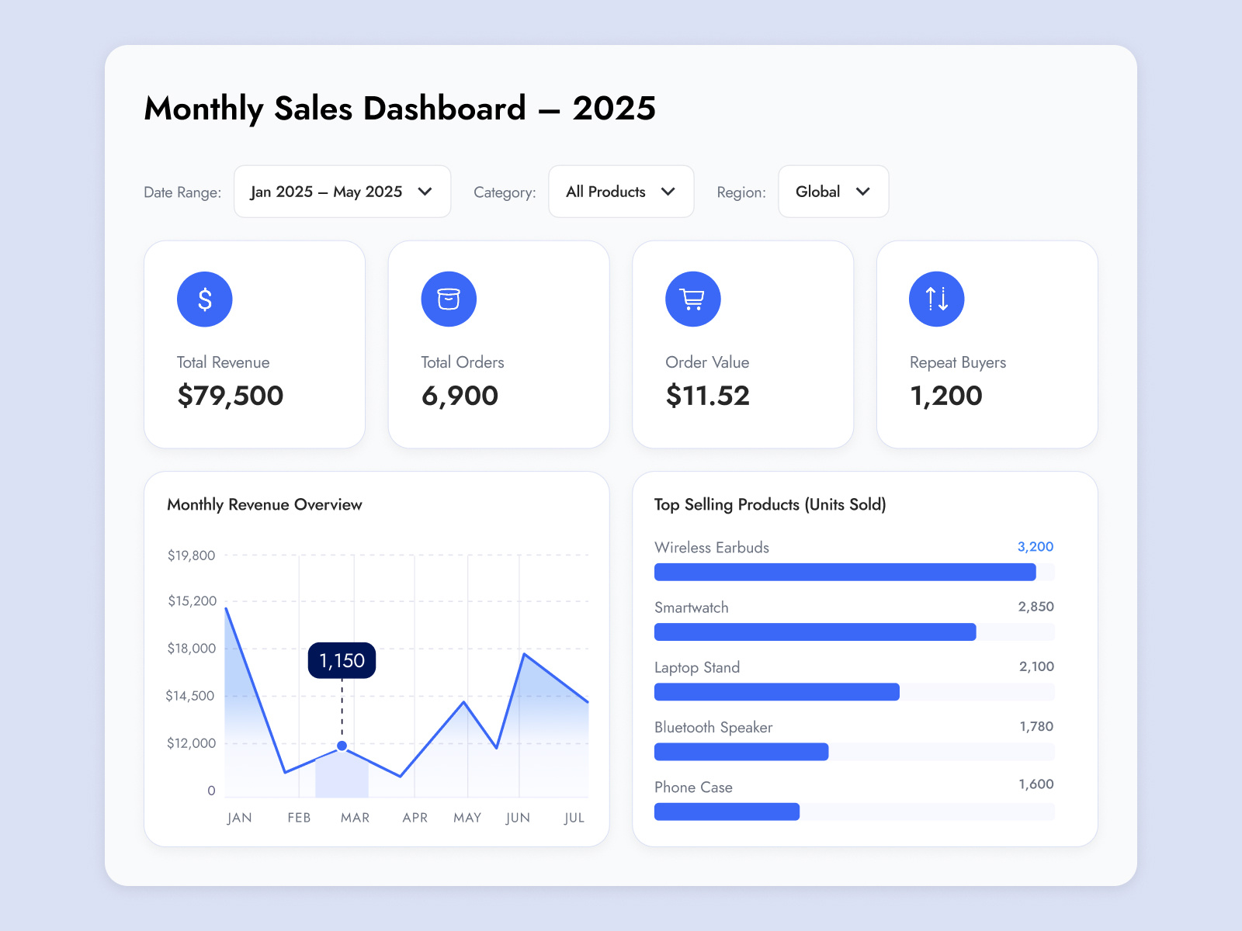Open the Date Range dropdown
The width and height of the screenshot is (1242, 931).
[342, 192]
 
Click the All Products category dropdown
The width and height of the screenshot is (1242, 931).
[621, 192]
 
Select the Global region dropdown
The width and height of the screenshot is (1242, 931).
[833, 192]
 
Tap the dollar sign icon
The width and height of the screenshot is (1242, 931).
[205, 299]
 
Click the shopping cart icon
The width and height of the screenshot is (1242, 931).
[692, 299]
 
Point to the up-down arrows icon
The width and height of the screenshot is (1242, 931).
[936, 299]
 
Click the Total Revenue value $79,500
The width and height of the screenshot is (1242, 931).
[231, 396]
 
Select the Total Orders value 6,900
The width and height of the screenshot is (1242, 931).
[460, 396]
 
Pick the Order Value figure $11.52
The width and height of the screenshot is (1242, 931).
[708, 396]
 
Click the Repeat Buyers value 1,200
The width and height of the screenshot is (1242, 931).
[946, 396]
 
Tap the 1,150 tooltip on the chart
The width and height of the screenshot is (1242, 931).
[342, 660]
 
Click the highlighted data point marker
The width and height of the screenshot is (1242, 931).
[342, 746]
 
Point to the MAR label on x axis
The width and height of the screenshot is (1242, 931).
[355, 818]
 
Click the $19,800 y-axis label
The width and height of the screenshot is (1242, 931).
[191, 555]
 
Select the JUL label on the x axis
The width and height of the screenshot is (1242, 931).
[574, 818]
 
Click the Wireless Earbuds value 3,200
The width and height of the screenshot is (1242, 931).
[1036, 547]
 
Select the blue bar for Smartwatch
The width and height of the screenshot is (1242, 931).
[815, 632]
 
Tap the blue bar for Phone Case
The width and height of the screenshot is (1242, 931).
[727, 812]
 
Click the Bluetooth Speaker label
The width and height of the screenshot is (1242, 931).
[713, 728]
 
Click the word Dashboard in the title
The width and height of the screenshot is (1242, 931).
[445, 109]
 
